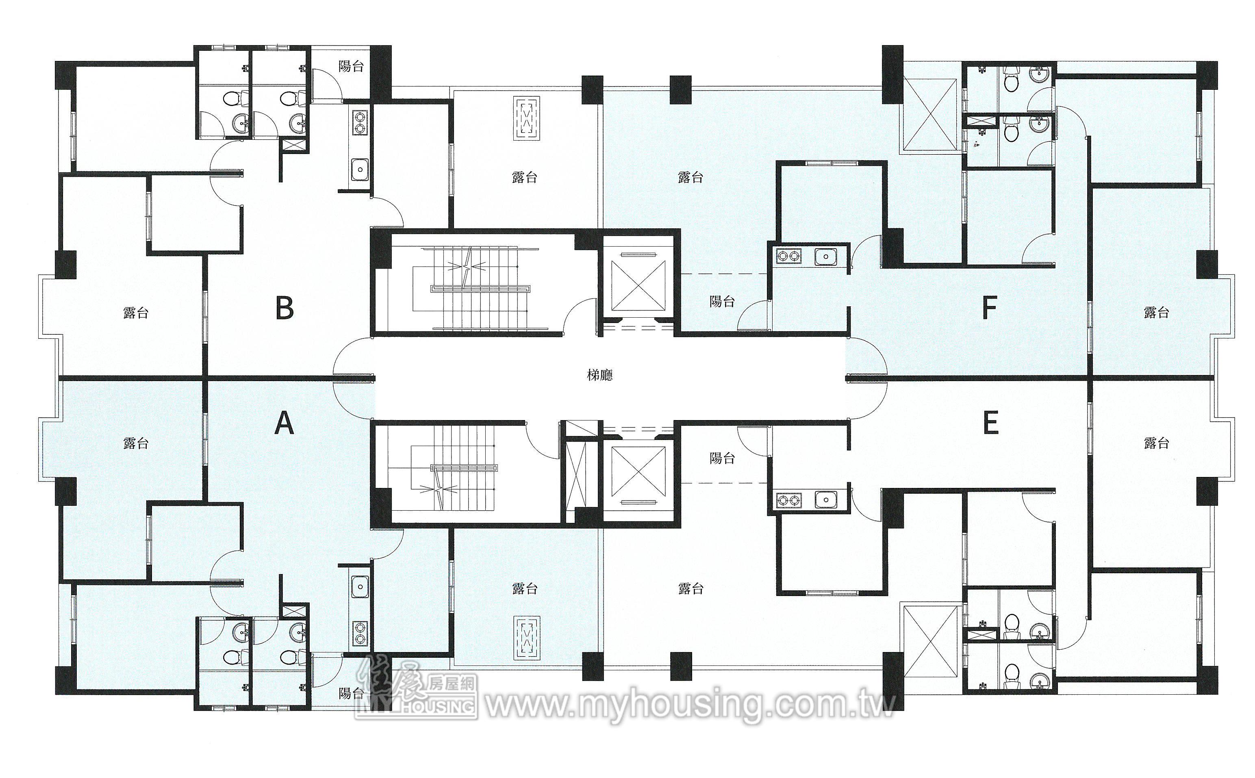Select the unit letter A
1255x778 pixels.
click(284, 424)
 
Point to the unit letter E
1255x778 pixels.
click(990, 423)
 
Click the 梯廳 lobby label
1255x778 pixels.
click(600, 375)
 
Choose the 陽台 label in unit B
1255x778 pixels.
click(351, 66)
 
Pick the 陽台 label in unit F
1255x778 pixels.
click(722, 301)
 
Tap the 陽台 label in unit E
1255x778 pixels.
click(722, 458)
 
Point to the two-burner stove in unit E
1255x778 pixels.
click(788, 500)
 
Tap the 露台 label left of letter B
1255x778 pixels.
click(136, 312)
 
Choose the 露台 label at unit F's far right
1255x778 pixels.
click(1156, 312)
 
